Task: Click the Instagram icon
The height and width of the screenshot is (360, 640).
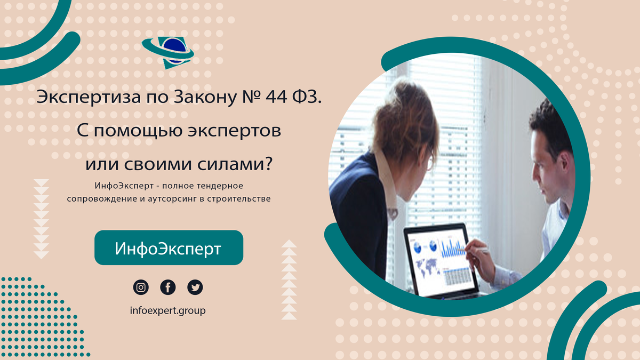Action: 141,288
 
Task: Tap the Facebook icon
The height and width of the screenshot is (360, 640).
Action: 168,288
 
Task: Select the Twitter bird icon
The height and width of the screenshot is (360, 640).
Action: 195,288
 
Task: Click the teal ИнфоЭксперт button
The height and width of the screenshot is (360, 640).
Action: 169,248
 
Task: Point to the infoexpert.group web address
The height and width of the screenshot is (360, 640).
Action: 167,310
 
